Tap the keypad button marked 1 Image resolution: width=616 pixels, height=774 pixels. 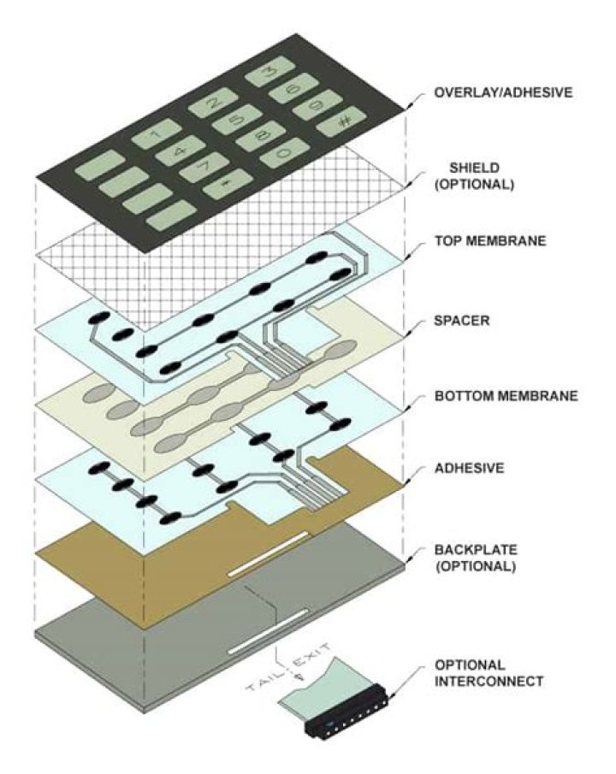[x=157, y=133]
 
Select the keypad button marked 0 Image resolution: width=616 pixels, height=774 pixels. [x=285, y=153]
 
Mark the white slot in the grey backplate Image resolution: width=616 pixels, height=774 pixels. [x=268, y=630]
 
